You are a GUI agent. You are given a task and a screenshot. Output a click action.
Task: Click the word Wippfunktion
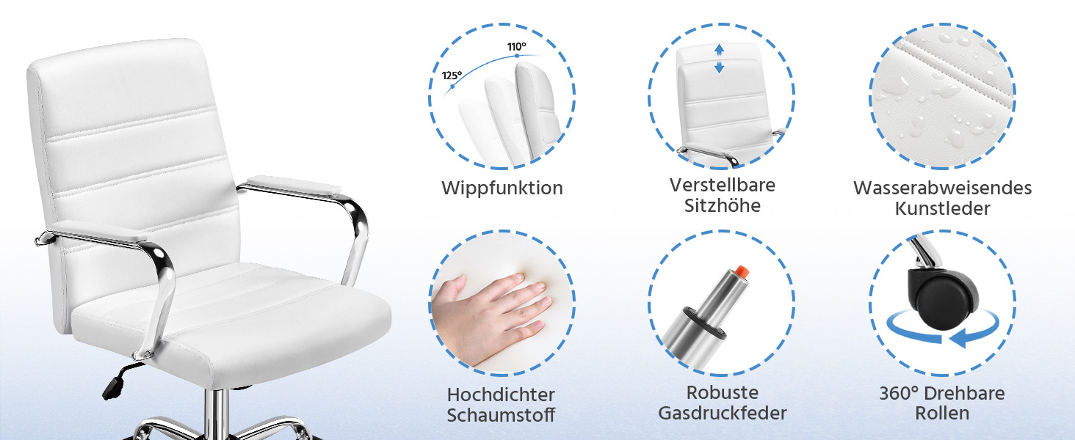click(502, 188)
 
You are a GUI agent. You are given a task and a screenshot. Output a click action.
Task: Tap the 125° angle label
click(452, 76)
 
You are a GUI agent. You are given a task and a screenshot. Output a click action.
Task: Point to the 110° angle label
click(517, 47)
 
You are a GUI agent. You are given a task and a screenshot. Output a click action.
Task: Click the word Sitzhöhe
click(723, 205)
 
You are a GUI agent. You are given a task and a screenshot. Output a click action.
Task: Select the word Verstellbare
click(723, 185)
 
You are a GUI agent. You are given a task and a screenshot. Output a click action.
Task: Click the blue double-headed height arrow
click(719, 59)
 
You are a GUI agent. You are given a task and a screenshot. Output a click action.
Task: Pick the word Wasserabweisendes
click(943, 188)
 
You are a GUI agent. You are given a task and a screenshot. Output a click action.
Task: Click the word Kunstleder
click(943, 208)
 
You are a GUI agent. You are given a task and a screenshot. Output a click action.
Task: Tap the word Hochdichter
click(501, 395)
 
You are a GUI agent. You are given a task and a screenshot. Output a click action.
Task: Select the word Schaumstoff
click(501, 415)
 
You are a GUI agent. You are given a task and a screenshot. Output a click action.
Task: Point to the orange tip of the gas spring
click(742, 271)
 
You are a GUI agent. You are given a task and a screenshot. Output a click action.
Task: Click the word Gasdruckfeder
click(723, 413)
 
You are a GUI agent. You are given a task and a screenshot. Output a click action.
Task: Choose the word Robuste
click(723, 392)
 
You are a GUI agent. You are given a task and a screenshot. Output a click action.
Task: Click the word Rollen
click(942, 413)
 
